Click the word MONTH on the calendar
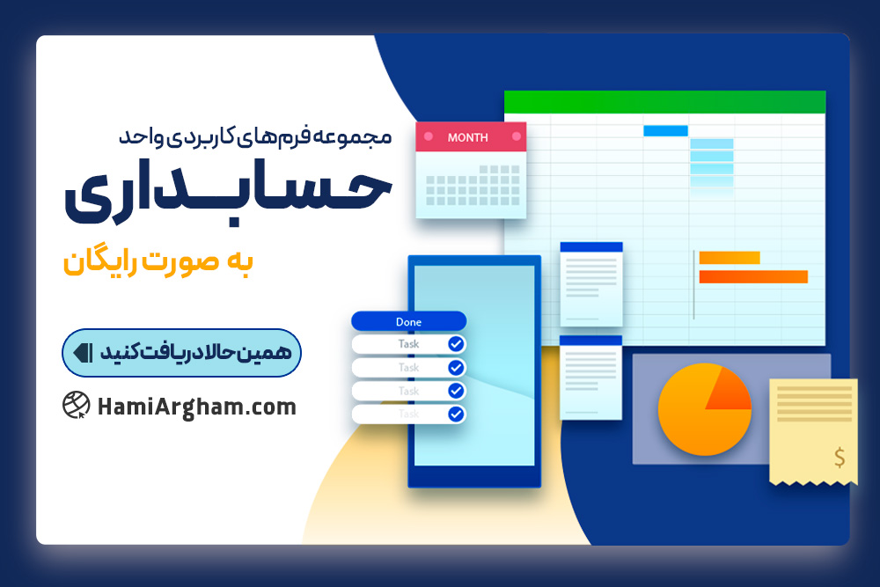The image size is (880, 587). tap(467, 137)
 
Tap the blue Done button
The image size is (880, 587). tap(408, 321)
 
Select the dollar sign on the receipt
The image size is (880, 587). tap(840, 458)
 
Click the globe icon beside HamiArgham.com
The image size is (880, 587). tap(77, 405)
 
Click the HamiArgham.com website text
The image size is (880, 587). tap(196, 407)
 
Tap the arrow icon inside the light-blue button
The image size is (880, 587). tap(83, 352)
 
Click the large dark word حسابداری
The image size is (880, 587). tap(227, 194)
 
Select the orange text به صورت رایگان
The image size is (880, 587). tap(158, 261)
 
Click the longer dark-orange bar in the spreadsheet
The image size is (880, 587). tap(753, 276)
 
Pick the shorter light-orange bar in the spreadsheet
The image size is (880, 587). tap(730, 258)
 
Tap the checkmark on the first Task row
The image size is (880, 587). tap(456, 344)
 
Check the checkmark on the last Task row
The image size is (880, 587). tap(456, 415)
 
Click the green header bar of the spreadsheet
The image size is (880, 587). tap(664, 102)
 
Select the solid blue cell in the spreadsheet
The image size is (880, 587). tap(665, 131)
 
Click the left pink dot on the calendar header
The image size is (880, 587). tap(429, 136)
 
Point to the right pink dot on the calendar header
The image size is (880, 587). tap(517, 136)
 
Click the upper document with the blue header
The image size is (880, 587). tap(591, 284)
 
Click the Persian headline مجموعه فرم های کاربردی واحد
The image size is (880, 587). tap(255, 136)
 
